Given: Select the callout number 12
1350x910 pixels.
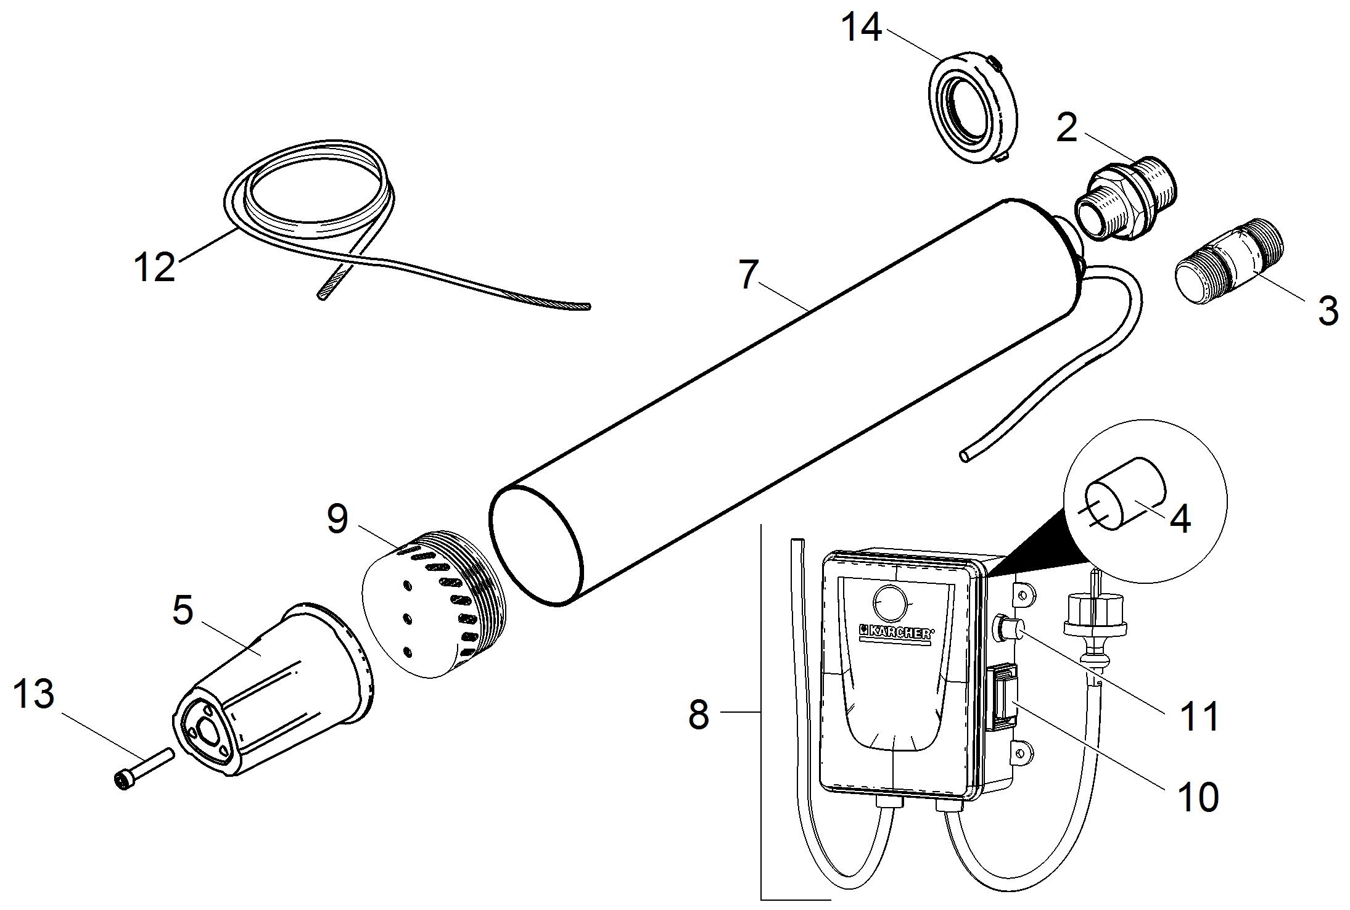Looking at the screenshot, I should tap(154, 267).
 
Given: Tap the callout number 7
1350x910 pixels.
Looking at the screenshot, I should tap(747, 274).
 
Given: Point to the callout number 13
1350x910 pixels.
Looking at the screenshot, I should tap(33, 694).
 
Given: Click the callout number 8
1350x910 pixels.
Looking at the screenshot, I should tap(698, 715).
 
